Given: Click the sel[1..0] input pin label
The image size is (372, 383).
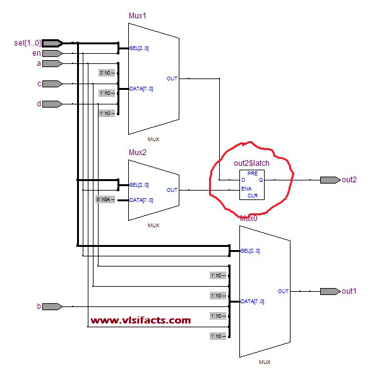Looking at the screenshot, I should point(27,43).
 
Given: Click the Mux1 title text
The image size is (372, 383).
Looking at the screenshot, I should point(137,15).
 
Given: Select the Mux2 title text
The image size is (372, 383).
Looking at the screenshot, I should point(137,152).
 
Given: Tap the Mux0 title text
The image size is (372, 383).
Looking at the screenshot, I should point(248,217).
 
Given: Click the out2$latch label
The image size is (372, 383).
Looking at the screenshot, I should point(251,164).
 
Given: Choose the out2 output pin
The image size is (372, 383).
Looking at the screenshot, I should point(329,180).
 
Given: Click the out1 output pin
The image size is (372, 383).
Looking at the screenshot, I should point(329,291).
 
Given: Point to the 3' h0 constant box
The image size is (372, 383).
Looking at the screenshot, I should point(106,73).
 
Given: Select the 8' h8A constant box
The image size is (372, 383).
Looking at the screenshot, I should point(105,200).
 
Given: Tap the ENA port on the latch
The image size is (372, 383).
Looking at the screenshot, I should point(247,187).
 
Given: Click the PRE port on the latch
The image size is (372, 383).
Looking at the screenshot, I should point(252,172).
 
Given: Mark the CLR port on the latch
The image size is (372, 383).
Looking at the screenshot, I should point(253,195).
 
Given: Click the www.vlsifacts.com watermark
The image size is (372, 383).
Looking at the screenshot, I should point(140,320).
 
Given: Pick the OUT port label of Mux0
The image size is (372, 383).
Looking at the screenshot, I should point(282,291).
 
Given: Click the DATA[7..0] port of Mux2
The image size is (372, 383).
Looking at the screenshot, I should point(141,200).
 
